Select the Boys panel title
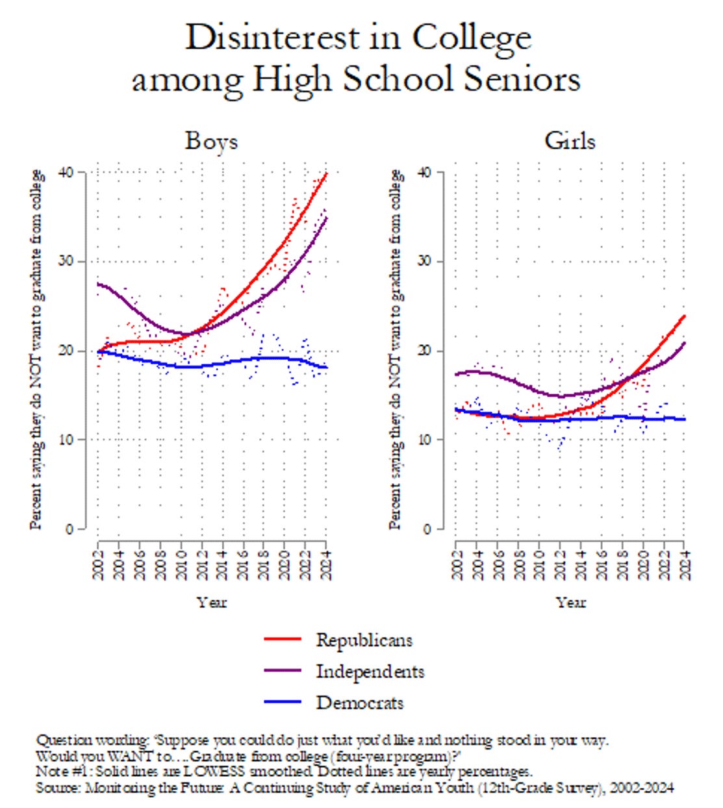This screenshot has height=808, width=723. coord(211,141)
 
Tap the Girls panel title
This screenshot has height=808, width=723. coord(570,141)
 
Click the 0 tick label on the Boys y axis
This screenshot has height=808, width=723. coord(70,529)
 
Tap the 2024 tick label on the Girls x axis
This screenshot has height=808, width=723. coord(685,564)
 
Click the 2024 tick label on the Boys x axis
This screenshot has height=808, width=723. coord(327,564)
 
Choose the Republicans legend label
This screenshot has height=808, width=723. coord(364,640)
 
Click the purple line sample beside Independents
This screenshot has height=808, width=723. coord(283,671)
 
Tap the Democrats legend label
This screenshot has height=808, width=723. coord(360,703)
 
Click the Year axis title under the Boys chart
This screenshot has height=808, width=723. coord(212,603)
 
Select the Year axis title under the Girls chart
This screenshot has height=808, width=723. coord(570,603)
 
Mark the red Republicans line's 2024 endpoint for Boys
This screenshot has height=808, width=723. coord(326,174)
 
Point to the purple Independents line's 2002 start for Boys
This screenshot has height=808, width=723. coord(99,284)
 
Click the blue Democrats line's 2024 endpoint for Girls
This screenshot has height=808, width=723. coord(684,419)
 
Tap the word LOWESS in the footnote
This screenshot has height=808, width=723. coord(213,772)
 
